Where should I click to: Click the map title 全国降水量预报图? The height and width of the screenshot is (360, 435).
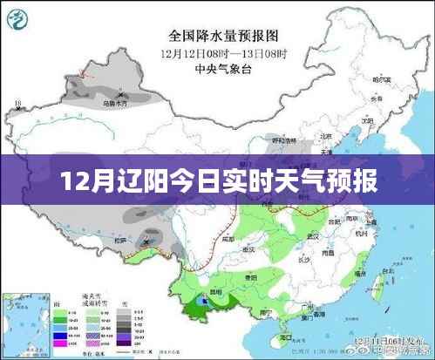click(223, 37)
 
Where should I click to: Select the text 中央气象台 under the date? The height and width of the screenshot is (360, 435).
click(223, 68)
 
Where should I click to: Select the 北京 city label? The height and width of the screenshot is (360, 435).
click(325, 136)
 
